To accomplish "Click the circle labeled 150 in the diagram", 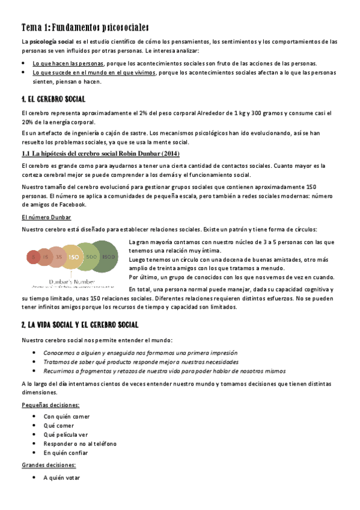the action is [x=73, y=256].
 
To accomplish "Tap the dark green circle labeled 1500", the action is [x=109, y=257].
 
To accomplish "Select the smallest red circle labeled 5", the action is [x=34, y=257].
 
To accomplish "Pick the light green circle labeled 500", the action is [x=91, y=257].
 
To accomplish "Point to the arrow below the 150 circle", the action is [x=73, y=272].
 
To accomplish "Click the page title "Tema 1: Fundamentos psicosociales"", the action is [x=85, y=28].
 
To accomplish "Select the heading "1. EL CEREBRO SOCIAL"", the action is [x=53, y=99].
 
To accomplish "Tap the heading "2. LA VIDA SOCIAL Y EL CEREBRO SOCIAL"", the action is [x=80, y=325].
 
